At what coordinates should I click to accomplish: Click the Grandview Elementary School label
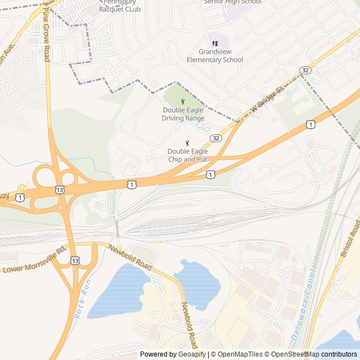(215, 56)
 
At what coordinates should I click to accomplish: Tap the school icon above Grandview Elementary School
(214, 43)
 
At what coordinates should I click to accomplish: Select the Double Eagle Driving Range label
(183, 114)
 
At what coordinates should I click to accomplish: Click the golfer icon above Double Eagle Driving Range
(183, 101)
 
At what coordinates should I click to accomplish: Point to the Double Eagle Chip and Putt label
(187, 155)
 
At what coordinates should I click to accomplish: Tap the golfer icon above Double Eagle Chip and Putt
(187, 143)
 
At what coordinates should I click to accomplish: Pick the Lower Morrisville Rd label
(35, 260)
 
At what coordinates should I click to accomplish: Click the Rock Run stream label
(82, 300)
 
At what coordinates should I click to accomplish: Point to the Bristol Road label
(349, 240)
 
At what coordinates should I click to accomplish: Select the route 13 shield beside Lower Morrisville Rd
(75, 260)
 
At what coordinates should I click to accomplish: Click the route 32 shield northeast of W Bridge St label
(305, 70)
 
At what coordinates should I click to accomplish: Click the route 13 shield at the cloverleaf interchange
(60, 190)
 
